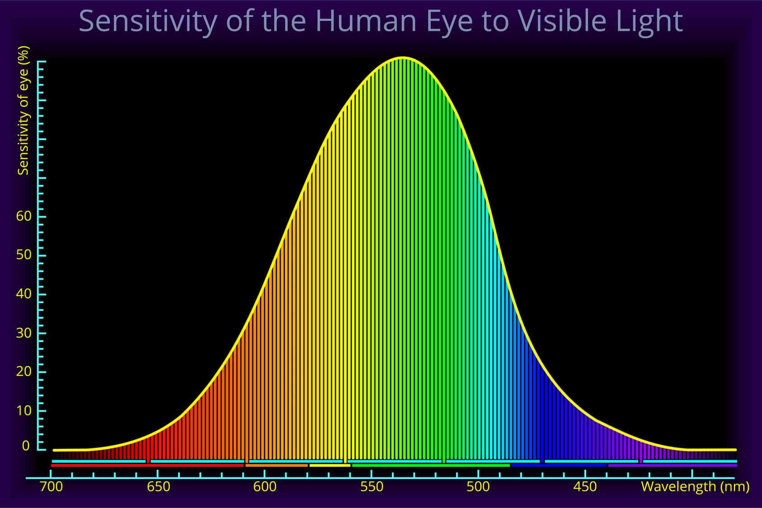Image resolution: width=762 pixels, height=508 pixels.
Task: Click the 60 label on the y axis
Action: point(24,216)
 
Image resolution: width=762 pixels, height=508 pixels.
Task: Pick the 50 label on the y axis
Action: point(24,255)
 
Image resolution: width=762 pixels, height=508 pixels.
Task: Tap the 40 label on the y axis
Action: point(24,294)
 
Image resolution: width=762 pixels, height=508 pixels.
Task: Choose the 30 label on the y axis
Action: point(24,333)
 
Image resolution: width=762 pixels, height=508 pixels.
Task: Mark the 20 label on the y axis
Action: point(24,371)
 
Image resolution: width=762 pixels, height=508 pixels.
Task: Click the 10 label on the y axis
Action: point(24,411)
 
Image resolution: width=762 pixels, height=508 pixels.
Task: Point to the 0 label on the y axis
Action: point(26,446)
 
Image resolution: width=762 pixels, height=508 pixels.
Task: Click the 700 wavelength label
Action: point(52,487)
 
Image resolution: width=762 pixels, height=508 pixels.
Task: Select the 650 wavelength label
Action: point(159,487)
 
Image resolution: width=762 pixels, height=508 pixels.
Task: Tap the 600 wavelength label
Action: point(265,487)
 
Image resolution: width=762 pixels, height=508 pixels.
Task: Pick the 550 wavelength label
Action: point(372,487)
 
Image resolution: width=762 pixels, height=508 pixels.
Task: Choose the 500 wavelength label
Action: point(478,487)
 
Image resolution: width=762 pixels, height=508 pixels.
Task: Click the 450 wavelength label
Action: point(585,487)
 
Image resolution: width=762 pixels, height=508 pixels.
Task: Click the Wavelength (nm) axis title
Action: point(695,487)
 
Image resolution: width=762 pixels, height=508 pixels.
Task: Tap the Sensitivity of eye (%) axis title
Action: point(23,111)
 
